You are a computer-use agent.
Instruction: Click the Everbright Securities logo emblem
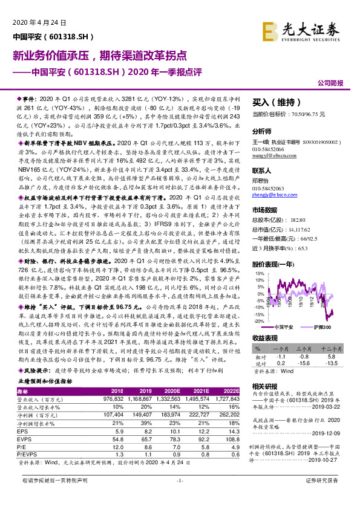[269, 27]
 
